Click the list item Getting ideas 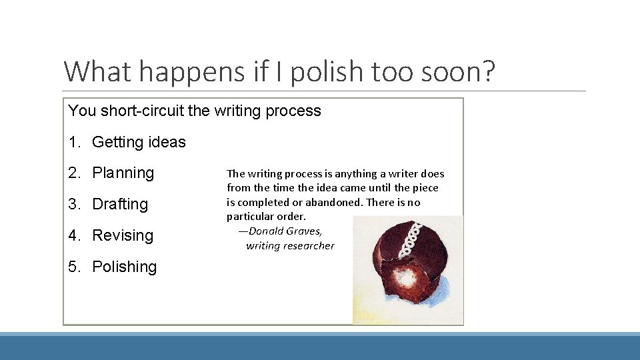[139, 142]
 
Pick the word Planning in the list [123, 173]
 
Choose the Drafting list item [120, 204]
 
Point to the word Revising [123, 235]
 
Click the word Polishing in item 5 [124, 267]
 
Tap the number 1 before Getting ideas [72, 142]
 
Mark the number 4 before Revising [72, 235]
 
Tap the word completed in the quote [264, 202]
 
